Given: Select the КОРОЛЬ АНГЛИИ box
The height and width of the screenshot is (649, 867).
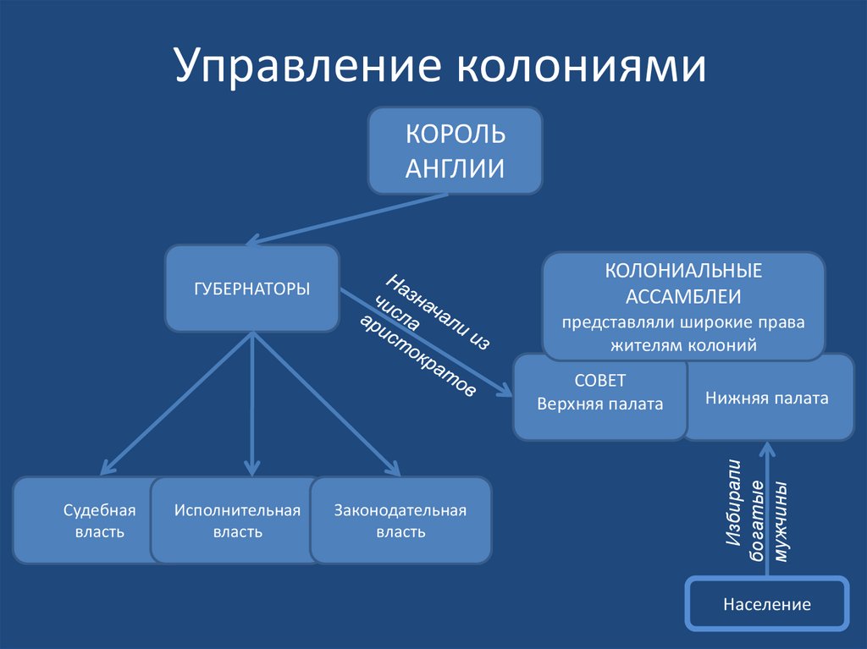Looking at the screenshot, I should click(x=455, y=151).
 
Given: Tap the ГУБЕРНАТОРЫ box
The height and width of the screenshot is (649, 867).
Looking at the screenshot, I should click(x=252, y=289).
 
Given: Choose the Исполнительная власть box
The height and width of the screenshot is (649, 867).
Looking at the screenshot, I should click(x=237, y=520).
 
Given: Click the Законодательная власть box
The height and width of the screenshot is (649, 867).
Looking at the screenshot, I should click(x=400, y=520).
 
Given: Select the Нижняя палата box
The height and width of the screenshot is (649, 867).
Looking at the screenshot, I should click(x=767, y=397).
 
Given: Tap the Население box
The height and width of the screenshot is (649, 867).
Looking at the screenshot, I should click(x=767, y=604).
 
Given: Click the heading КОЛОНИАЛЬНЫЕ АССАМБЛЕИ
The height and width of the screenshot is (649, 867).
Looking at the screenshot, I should click(x=683, y=283).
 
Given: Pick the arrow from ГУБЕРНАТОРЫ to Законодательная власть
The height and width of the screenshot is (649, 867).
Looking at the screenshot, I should click(x=326, y=402).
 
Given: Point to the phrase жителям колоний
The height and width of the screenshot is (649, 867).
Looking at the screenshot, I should click(x=683, y=345).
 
